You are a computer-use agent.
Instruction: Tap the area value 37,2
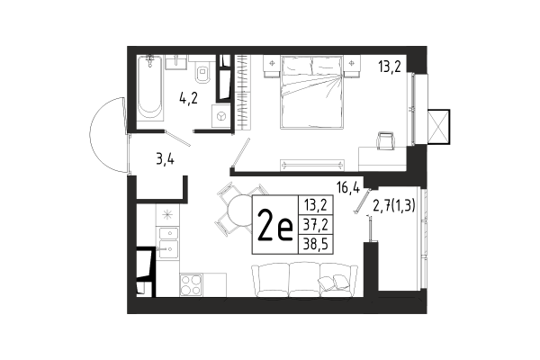pos(314,226)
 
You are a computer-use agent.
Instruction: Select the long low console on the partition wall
pos(312,164)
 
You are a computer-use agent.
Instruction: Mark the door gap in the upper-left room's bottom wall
pos(179,131)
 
